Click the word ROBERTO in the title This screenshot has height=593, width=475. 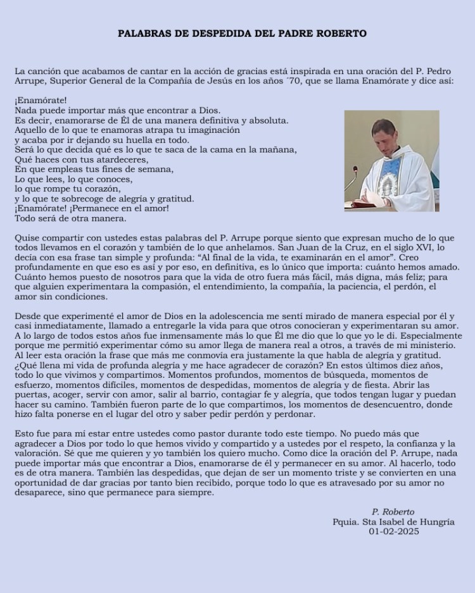point(340,34)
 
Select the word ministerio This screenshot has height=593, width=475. point(431,345)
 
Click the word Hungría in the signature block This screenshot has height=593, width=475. point(434,521)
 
